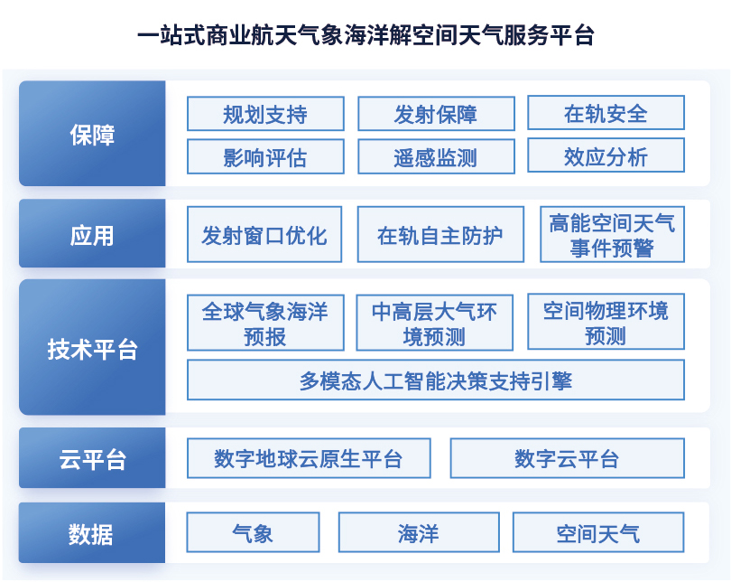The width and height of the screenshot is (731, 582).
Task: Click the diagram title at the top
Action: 366,35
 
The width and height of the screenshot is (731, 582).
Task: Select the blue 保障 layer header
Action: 92,134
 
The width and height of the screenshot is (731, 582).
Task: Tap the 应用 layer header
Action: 92,233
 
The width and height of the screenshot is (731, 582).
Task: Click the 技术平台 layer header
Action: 92,347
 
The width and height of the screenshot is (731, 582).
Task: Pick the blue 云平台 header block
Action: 92,458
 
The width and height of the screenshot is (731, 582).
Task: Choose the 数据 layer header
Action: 92,532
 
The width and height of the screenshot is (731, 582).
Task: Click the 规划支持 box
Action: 265,114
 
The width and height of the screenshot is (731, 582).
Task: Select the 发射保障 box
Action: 437,114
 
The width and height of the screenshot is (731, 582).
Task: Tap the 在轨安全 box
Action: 606,113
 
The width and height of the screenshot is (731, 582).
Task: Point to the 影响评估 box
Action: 265,157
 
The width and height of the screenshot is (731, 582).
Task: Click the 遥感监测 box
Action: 437,157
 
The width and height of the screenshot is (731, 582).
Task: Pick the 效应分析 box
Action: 606,155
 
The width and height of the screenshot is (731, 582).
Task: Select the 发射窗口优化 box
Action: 264,234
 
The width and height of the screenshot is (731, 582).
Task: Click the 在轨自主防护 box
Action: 440,234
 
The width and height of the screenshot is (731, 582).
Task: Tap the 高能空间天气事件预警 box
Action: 612,234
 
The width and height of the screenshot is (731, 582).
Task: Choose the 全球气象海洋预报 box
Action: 265,323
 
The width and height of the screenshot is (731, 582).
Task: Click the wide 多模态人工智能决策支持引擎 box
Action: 436,380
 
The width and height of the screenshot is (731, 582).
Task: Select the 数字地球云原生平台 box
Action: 309,458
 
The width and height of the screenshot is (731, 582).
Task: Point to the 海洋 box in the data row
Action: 419,532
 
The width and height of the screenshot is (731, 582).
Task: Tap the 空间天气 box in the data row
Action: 598,532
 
